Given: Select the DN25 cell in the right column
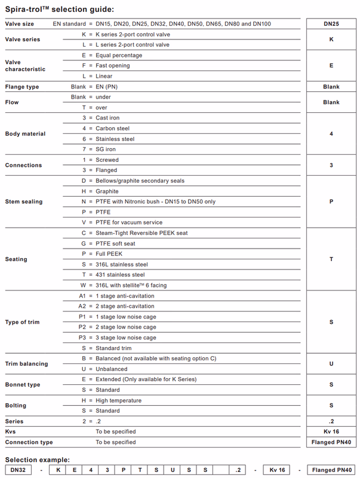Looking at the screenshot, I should (x=331, y=24).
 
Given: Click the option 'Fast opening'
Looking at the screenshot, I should (x=113, y=66).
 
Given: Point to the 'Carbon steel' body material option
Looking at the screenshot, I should (x=112, y=128).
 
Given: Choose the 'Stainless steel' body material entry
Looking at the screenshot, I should (x=115, y=139).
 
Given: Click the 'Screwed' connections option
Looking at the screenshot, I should (x=107, y=160).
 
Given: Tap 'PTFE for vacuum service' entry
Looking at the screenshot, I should (x=128, y=222).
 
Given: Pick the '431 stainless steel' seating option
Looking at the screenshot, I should (x=120, y=275).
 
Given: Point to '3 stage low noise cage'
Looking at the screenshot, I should (x=125, y=338).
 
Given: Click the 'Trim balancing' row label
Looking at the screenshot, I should (x=26, y=364).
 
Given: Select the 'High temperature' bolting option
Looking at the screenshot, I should (x=118, y=400).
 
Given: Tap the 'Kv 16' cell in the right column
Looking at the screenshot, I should (x=331, y=431).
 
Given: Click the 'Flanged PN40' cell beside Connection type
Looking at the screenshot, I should (x=331, y=442).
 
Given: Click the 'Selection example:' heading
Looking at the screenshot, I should (x=37, y=459).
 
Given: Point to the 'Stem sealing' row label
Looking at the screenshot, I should (x=24, y=201).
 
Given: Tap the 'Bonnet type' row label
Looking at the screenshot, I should (x=23, y=385).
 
